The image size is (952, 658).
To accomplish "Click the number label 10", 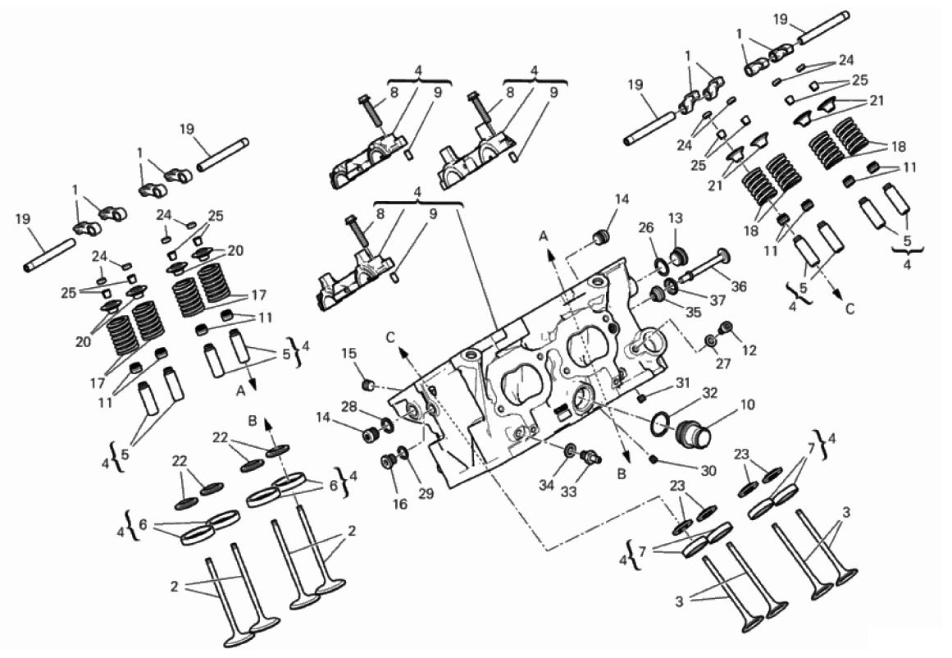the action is point(747,404).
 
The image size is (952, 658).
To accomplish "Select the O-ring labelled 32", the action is point(662,424).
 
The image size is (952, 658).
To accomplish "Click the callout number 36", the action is point(739,286).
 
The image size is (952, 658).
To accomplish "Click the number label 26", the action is point(646,228).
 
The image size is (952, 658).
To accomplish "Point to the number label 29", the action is point(426,493).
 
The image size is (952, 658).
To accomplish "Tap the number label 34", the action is point(546,486).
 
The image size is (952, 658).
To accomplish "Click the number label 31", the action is point(683,383).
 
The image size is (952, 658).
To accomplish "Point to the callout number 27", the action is point(723,363).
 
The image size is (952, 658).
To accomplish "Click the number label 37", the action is point(717,300).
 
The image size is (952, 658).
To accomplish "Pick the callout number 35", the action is point(693,313).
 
